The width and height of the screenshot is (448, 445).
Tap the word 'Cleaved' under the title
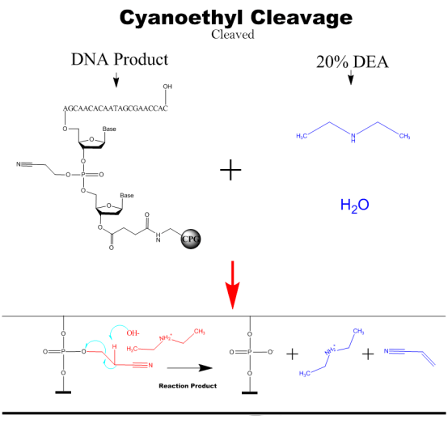pos(232,35)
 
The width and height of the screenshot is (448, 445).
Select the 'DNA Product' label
pos(119,59)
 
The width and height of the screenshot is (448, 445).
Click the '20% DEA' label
pos(351,62)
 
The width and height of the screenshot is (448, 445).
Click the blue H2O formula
pos(353,206)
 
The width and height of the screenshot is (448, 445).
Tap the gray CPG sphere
pos(191,240)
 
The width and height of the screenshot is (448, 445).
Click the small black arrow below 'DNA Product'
pos(116,78)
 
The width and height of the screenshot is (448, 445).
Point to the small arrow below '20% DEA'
pos(351,78)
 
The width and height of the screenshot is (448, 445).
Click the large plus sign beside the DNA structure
pos(231,170)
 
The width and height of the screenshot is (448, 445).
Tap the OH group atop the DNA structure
pos(167,87)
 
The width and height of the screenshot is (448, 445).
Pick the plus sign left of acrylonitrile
pos(367,354)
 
